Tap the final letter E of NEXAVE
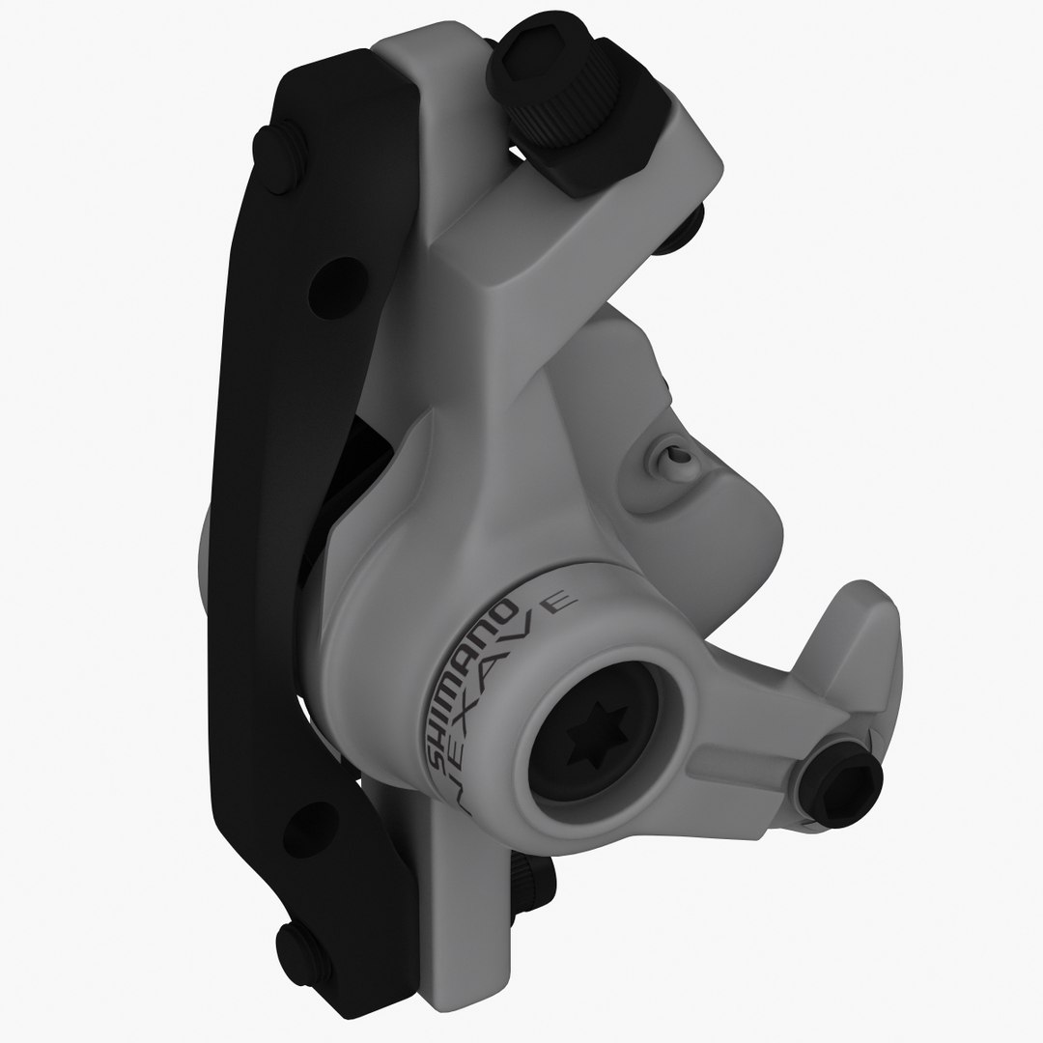(559, 605)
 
